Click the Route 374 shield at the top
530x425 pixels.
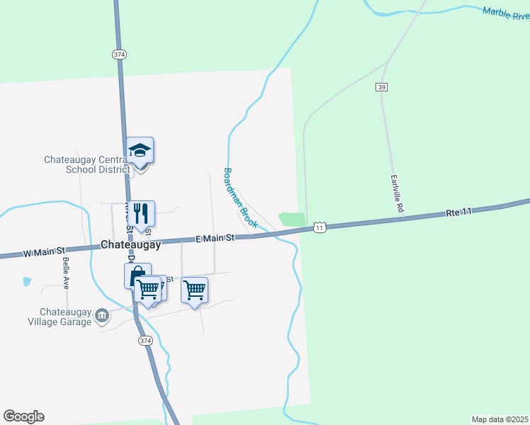coord(119,54)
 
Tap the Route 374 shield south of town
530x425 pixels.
coord(145,341)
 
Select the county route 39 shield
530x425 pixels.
coord(381,86)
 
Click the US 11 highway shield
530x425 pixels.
coord(320,227)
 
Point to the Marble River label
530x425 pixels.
coord(506,13)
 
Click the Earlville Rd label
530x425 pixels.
coord(396,195)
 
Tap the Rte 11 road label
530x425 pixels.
coord(460,212)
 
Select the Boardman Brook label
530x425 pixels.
coord(240,198)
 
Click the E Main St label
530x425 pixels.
coord(215,239)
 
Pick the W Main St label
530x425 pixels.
coord(44,251)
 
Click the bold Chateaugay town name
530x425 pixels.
coord(131,244)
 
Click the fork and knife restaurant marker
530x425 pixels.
coord(141,213)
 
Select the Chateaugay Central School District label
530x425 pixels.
coord(87,164)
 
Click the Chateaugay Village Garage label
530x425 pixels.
coord(66,317)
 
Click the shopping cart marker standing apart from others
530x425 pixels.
coord(194,290)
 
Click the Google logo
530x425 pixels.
coord(23,416)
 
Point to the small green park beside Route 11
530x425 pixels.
coord(292,220)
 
